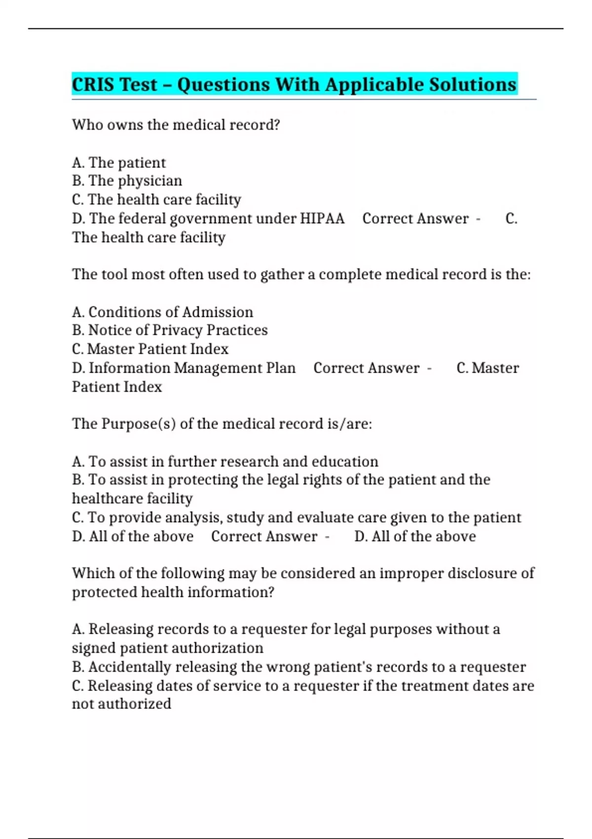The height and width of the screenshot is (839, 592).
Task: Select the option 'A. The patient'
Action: (x=119, y=162)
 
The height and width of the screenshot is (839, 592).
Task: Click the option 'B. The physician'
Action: (x=127, y=181)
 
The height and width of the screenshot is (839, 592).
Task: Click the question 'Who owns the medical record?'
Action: (x=176, y=125)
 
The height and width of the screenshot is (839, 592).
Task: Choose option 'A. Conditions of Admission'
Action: (x=162, y=312)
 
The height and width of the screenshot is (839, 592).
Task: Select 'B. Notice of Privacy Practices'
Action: (x=170, y=330)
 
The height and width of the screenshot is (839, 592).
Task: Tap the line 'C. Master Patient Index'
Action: (x=150, y=349)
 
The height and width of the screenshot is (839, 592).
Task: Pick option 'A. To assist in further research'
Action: (x=225, y=461)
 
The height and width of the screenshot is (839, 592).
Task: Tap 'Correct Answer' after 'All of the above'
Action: (x=264, y=536)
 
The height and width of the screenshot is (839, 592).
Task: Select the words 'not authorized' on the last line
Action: (x=121, y=704)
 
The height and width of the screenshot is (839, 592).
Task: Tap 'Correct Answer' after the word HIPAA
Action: (x=415, y=218)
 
